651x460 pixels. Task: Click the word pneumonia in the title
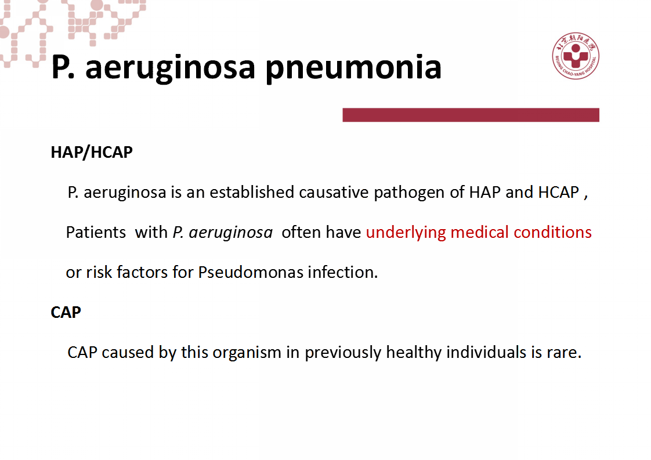[353, 68]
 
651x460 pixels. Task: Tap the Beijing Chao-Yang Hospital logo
[576, 56]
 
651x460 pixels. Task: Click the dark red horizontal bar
[471, 115]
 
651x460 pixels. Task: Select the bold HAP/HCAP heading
[92, 153]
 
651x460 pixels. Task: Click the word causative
[334, 192]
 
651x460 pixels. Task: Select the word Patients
[96, 232]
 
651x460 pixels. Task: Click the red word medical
[479, 232]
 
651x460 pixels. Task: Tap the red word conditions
[552, 232]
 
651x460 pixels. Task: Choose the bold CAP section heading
[66, 312]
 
